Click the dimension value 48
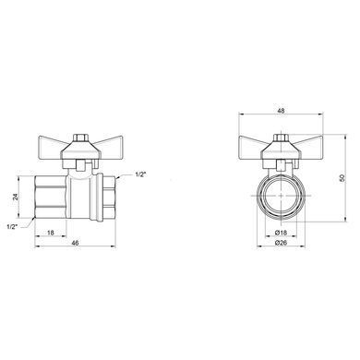(281, 111)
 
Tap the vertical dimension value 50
(341, 178)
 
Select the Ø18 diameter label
(281, 232)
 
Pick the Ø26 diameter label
(281, 243)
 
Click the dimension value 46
(76, 243)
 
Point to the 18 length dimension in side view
(51, 233)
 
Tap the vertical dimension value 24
(16, 197)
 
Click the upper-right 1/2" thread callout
(140, 174)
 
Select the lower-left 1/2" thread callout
(12, 227)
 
